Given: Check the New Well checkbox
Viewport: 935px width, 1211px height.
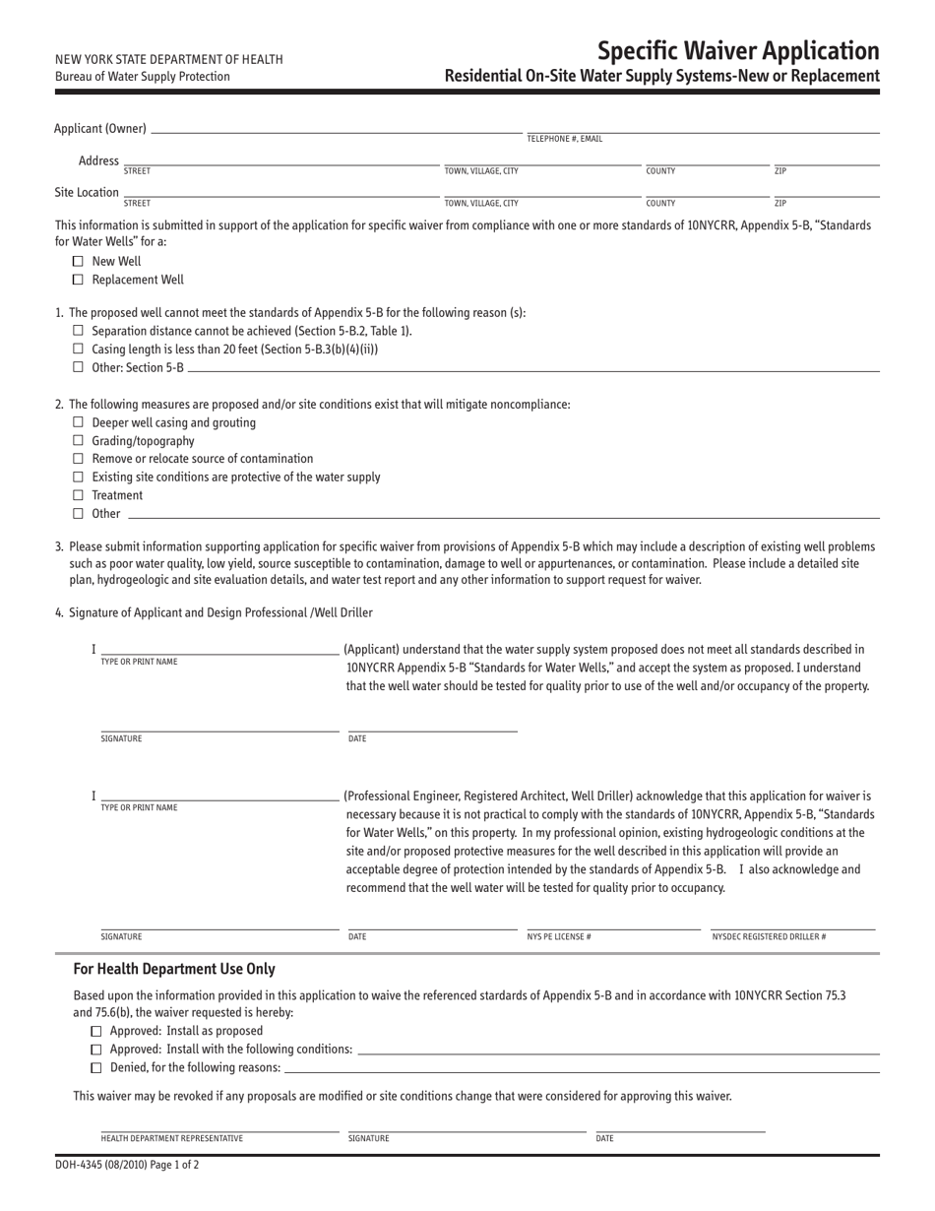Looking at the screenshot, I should coord(79,262).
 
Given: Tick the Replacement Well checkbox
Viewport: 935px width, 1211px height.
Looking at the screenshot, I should coord(79,280).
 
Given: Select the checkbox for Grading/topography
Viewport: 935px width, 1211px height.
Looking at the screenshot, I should coord(79,441).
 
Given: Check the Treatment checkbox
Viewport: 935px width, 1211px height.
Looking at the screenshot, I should coord(79,495).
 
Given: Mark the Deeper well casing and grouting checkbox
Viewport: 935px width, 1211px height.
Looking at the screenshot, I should coord(79,423).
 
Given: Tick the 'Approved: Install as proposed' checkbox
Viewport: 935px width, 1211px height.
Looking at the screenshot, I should coord(95,1031).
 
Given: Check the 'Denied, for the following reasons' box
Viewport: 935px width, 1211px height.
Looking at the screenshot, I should coord(95,1067).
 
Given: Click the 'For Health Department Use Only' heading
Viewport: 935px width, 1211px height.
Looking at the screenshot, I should coord(174,969).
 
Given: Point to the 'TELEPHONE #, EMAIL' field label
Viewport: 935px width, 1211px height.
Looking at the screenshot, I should coord(565,139).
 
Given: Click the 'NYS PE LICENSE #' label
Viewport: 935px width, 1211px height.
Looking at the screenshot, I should coord(559,936).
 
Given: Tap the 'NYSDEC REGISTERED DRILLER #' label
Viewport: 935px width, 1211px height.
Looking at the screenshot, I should coord(769,936).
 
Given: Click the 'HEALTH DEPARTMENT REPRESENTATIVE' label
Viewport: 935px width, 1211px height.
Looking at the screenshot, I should coord(171,1138).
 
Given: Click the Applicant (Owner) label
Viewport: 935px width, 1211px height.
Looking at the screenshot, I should coord(100,128).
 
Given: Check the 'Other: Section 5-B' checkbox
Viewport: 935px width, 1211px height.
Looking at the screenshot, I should coord(79,367).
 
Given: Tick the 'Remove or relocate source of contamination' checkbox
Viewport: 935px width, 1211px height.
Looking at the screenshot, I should coord(79,459).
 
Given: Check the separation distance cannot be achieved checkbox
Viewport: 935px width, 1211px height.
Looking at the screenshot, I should coord(79,331).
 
